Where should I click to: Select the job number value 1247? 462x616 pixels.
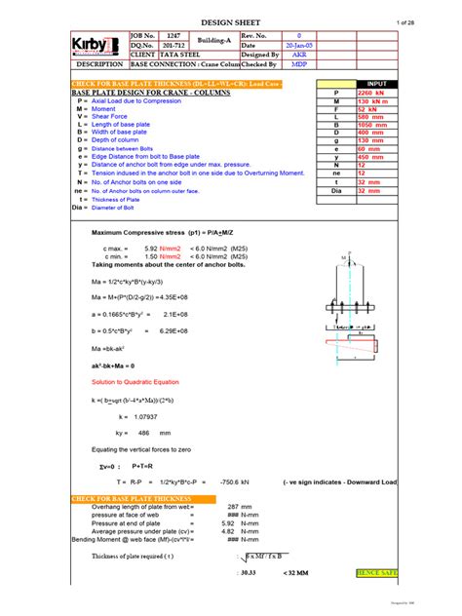tap(173, 34)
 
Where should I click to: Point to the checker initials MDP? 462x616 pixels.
tap(299, 64)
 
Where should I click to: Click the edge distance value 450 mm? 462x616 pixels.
tap(373, 155)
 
